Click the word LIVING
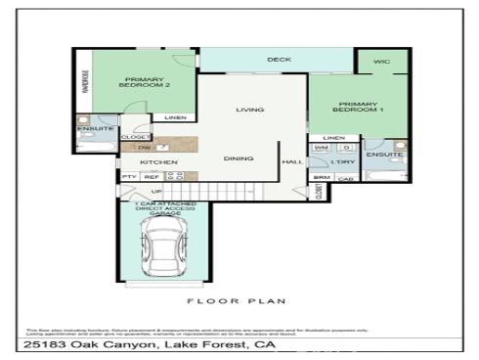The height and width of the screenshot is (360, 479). click(x=250, y=110)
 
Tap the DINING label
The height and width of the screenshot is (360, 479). click(x=239, y=158)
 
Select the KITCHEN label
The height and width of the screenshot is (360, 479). click(x=157, y=161)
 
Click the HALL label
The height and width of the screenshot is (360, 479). click(x=291, y=161)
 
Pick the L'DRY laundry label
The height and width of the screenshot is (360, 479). click(x=342, y=161)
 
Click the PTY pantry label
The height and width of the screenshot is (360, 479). click(x=129, y=177)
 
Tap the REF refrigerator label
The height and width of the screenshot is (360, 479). click(x=152, y=177)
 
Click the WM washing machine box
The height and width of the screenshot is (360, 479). click(x=321, y=148)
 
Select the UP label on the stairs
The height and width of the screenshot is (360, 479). click(x=156, y=192)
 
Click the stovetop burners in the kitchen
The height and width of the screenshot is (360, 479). click(x=177, y=176)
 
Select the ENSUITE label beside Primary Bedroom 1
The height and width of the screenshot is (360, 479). click(x=384, y=155)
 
